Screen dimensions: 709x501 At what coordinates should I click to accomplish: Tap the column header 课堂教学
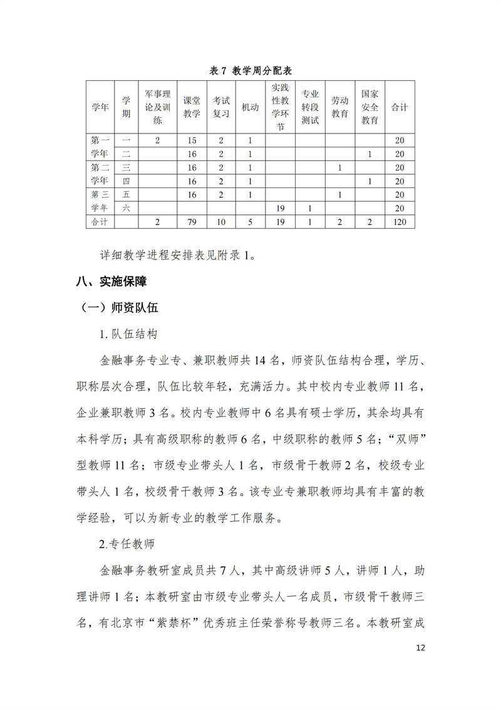pos(192,107)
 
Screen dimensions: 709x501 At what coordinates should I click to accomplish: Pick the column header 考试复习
pos(220,107)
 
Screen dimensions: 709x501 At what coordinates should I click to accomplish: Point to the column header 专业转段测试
pos(310,107)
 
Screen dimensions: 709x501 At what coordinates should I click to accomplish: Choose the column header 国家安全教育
pos(370,107)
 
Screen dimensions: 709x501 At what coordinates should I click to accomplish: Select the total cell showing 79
pos(192,223)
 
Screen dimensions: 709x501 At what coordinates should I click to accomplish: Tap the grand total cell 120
pos(400,223)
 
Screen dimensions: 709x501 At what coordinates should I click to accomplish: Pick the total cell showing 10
pos(220,223)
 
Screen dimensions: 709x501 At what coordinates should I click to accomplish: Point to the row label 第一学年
pos(100,147)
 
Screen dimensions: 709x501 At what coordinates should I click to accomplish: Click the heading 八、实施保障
pos(111,282)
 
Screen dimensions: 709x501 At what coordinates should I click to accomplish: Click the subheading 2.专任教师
pos(127,544)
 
